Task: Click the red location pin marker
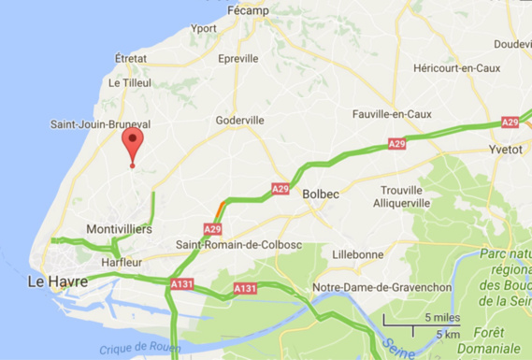coord(133,144)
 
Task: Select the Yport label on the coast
coord(203,28)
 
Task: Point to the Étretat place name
coord(131,58)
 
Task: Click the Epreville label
coord(237,58)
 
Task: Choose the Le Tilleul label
coord(129,82)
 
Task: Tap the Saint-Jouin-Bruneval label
coord(100,123)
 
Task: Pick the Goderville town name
coord(239,120)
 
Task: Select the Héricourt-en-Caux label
coord(456,67)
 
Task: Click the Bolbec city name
coord(321,194)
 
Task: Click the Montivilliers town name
coord(119,229)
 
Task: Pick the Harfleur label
coord(122,263)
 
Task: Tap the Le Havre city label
coord(57,281)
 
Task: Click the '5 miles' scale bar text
coord(440,318)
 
